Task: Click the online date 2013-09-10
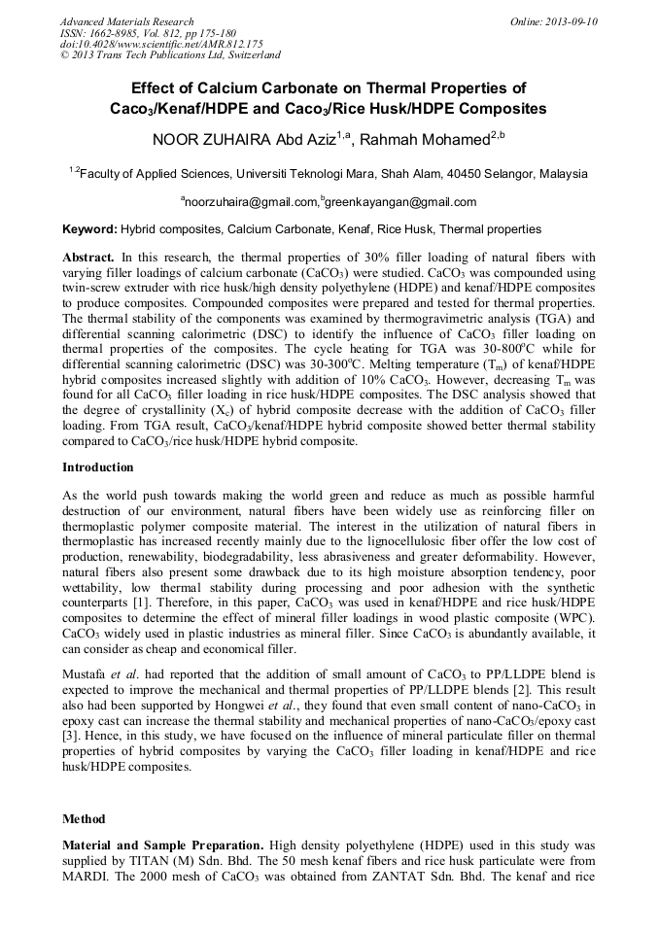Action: [569, 21]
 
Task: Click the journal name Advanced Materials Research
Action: [126, 21]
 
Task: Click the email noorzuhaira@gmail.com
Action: [251, 202]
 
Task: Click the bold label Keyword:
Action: [89, 230]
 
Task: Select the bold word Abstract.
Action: [88, 259]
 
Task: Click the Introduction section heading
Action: [98, 467]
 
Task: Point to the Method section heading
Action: [84, 819]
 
